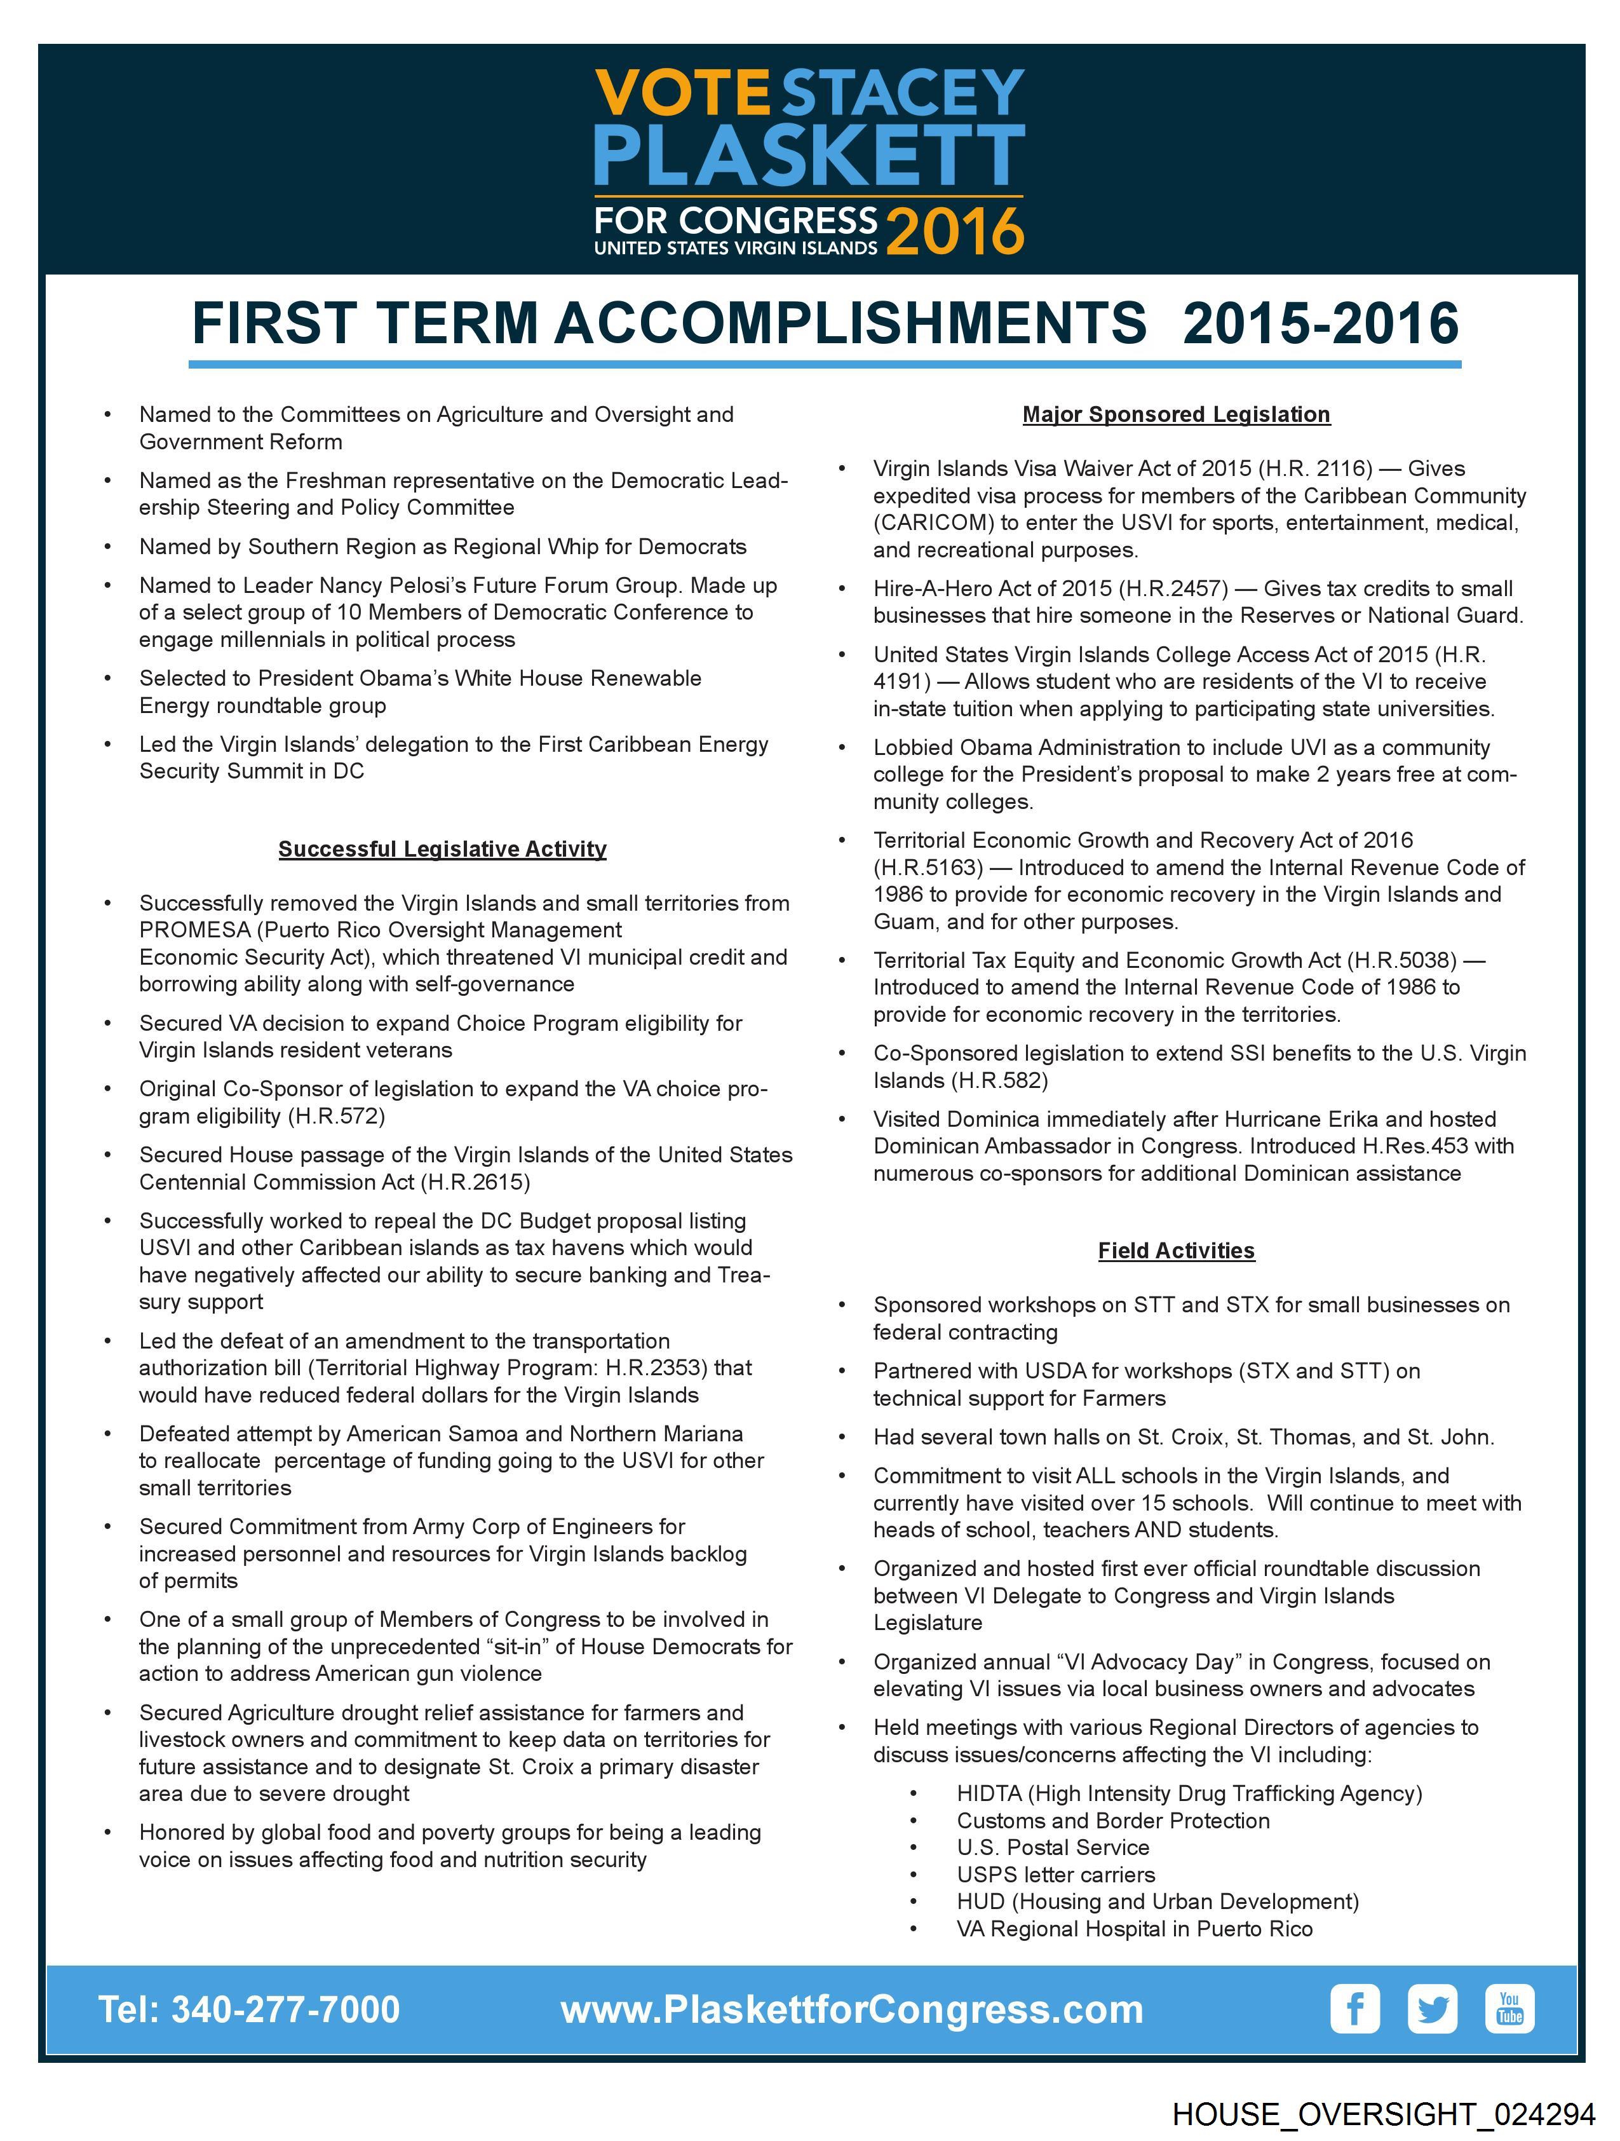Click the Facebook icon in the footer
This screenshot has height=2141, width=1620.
1355,2009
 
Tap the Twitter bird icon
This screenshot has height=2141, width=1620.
1432,2009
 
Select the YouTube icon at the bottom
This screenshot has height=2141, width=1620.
1509,2009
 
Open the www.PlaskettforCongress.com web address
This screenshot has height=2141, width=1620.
852,2010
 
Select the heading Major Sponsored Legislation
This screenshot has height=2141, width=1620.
1176,414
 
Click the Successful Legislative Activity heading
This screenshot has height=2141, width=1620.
442,849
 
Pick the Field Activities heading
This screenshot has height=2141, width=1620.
1176,1251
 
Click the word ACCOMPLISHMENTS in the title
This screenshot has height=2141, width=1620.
849,323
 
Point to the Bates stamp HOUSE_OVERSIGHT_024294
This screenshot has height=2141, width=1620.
1383,2114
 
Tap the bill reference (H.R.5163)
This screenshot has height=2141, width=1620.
928,867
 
